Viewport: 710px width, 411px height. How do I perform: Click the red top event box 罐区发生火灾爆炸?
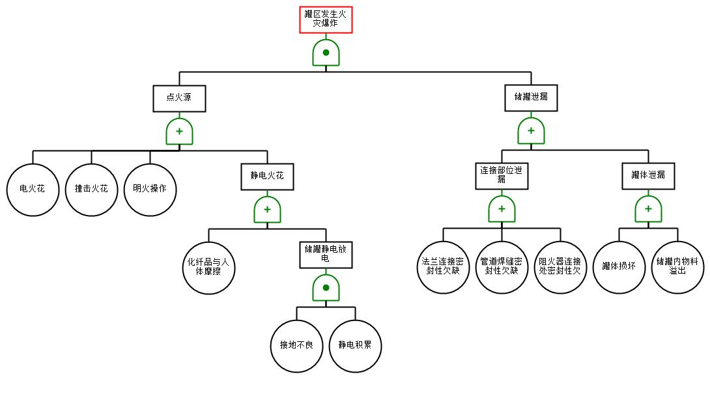coord(326,20)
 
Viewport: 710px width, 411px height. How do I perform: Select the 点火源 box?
coord(179,98)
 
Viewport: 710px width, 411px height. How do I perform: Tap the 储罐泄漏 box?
coord(531,98)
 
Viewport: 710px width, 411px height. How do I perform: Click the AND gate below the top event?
coord(326,53)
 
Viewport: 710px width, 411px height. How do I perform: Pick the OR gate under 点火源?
coord(179,132)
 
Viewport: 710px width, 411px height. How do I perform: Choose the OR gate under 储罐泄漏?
coord(531,132)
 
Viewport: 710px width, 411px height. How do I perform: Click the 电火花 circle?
coord(33,190)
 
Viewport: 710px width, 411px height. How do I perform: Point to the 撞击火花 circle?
coord(91,190)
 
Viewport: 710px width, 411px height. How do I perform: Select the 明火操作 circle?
coord(150,190)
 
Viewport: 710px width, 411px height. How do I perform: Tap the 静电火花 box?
coord(267,176)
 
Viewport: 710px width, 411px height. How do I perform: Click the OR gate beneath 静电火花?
coord(267,210)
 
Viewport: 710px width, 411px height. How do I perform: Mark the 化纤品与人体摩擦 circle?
coord(208,267)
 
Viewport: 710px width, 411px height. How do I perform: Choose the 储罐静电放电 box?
coord(326,254)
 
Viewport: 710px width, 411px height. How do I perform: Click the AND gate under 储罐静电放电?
coord(326,288)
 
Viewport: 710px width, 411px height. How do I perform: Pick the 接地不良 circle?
coord(296,345)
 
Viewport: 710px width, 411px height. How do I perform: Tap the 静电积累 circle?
coord(355,345)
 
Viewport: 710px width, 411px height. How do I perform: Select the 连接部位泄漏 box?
coord(502,176)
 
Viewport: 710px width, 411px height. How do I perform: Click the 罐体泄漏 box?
coord(648,176)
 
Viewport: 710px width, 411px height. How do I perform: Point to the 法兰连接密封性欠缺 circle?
coord(443,267)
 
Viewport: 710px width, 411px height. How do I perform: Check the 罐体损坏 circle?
coord(619,267)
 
